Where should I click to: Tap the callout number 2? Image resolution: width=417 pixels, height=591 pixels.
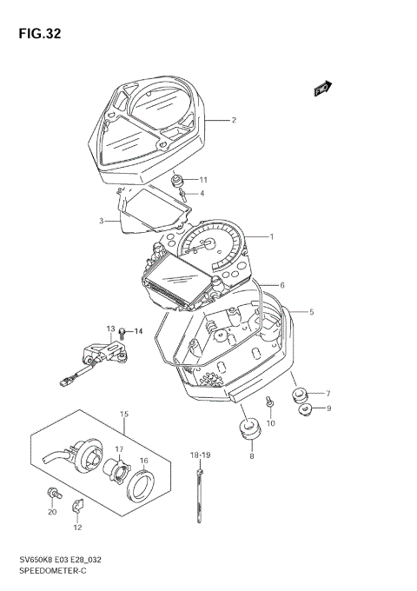(x=233, y=121)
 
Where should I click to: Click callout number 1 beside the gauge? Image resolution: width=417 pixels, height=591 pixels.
(x=271, y=236)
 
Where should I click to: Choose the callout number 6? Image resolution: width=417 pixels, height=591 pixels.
(x=282, y=285)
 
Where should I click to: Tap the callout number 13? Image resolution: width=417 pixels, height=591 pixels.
(x=110, y=329)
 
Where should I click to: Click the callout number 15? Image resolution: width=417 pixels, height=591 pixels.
(x=124, y=414)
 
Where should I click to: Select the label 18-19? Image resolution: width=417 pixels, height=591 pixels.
(x=201, y=455)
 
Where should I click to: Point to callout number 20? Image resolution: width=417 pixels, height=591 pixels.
(x=51, y=511)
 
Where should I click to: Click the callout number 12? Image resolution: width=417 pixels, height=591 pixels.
(x=77, y=528)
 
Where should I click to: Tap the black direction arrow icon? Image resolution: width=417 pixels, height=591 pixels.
(x=322, y=87)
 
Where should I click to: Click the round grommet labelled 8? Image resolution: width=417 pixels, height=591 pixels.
(x=252, y=429)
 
